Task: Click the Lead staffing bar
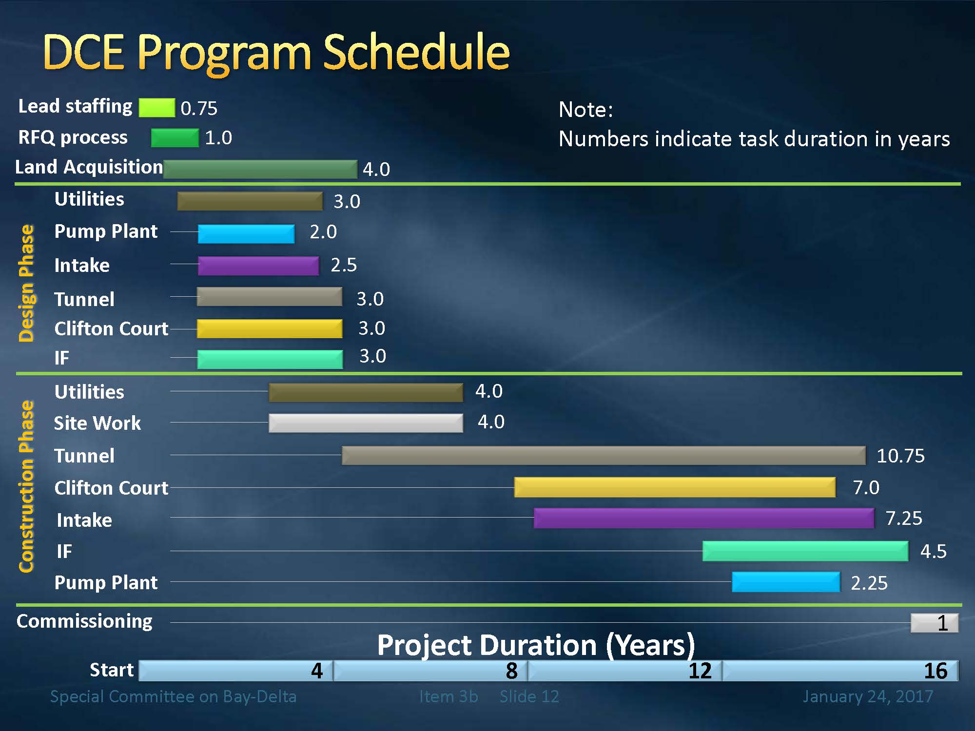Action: pyautogui.click(x=156, y=108)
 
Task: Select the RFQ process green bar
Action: pyautogui.click(x=175, y=138)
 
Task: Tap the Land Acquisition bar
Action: pyautogui.click(x=260, y=169)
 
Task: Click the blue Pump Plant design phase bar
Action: pyautogui.click(x=246, y=234)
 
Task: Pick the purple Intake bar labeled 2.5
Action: pyautogui.click(x=258, y=266)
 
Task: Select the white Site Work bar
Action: pyautogui.click(x=366, y=423)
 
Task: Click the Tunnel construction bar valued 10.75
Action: pyautogui.click(x=604, y=455)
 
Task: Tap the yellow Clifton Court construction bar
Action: pyautogui.click(x=675, y=487)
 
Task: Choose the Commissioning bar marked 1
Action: pyautogui.click(x=934, y=623)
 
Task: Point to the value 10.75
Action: pyautogui.click(x=900, y=456)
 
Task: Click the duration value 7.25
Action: pyautogui.click(x=903, y=518)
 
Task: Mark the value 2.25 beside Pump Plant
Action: pyautogui.click(x=869, y=583)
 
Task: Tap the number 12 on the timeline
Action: pyautogui.click(x=700, y=671)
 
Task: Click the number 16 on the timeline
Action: pyautogui.click(x=935, y=671)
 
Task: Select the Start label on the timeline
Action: pyautogui.click(x=112, y=670)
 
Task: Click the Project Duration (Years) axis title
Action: pyautogui.click(x=536, y=645)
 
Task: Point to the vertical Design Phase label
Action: pyautogui.click(x=26, y=283)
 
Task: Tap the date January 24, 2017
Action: pyautogui.click(x=868, y=696)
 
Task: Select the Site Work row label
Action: pyautogui.click(x=97, y=423)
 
